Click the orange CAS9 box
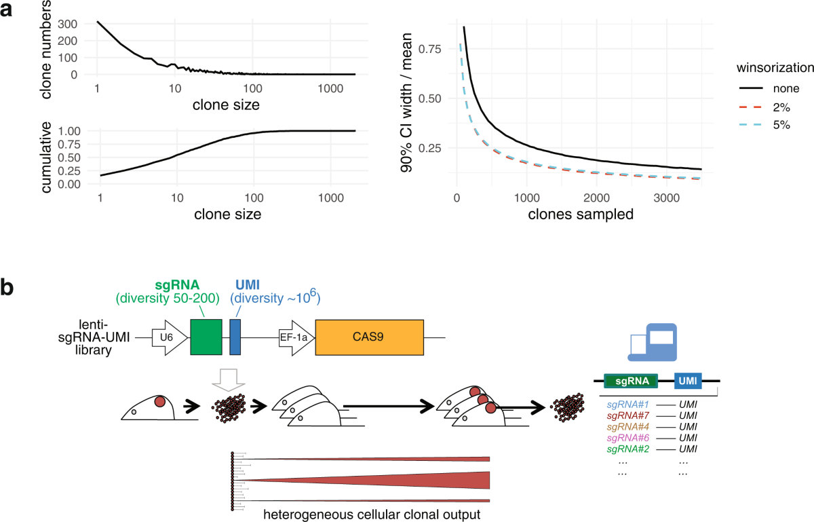pos(369,337)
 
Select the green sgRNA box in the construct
pos(206,337)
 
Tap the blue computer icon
pos(651,342)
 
